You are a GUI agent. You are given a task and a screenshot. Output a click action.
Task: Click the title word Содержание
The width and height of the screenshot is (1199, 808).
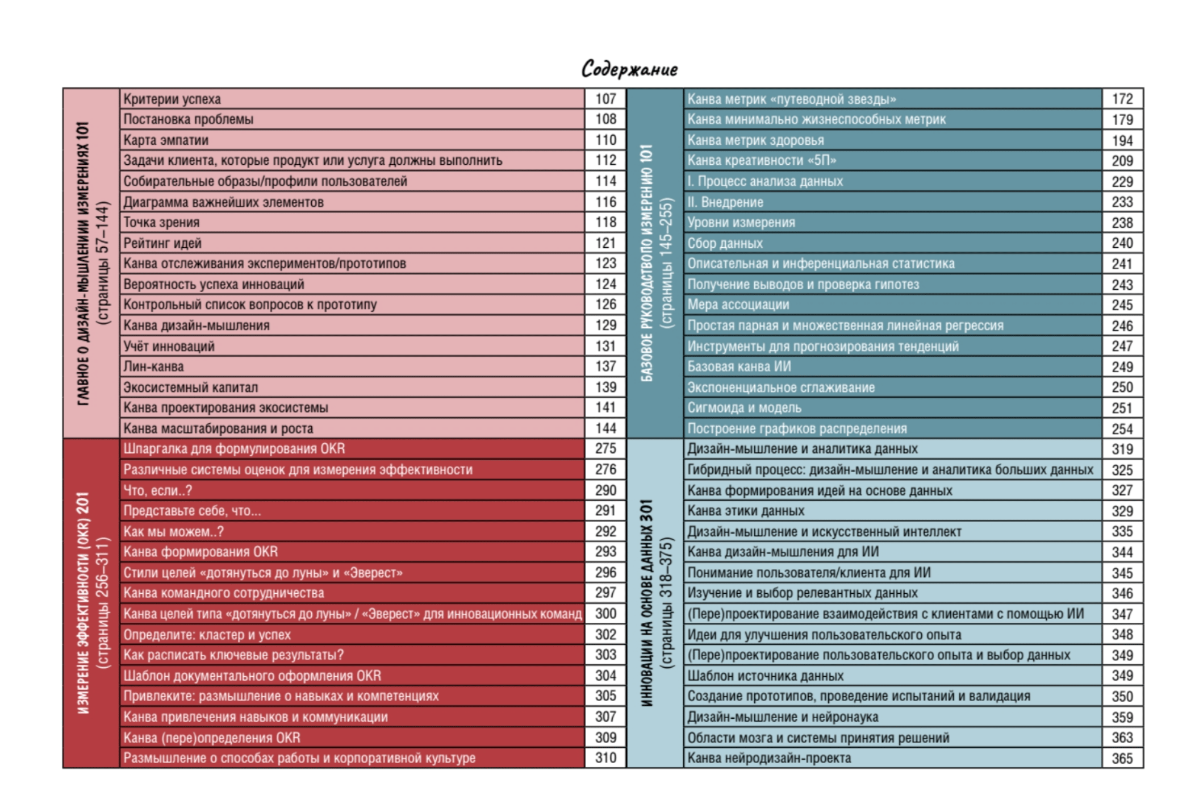coord(629,69)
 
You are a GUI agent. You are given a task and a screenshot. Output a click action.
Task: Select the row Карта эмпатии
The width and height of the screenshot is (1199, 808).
coord(166,140)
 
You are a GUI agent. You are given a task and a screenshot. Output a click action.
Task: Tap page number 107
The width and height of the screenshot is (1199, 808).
coord(605,99)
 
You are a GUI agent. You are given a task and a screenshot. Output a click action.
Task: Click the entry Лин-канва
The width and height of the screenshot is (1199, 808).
coord(153,366)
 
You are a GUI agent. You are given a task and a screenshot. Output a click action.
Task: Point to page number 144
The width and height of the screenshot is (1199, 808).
coord(605,428)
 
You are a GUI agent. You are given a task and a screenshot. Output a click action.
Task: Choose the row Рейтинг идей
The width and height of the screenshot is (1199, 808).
coord(162,243)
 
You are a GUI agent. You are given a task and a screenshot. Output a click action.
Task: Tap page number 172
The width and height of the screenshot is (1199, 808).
coord(1122,99)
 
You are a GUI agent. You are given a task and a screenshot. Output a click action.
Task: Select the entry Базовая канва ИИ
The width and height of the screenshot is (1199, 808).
coord(739,366)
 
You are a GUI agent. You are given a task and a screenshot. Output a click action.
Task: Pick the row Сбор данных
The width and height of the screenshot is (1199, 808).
coord(725,243)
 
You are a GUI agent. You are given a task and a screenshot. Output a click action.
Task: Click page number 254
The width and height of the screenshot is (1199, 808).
coord(1122,429)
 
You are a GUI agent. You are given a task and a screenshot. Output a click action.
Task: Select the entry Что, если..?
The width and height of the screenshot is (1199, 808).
coord(158,490)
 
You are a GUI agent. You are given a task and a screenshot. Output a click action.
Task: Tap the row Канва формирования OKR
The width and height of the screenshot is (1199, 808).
coord(200,552)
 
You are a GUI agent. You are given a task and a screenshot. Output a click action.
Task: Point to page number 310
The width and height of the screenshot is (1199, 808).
coord(605,758)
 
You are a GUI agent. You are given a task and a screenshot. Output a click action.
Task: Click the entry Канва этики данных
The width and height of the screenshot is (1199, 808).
coord(746,511)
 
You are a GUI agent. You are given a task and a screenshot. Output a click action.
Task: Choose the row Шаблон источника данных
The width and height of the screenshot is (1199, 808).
coord(765,676)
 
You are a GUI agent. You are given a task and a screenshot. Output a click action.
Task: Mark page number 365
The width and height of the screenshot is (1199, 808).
coord(1122,759)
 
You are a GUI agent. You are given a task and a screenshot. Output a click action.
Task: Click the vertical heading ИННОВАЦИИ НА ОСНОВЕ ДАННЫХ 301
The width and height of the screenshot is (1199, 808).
coord(646,603)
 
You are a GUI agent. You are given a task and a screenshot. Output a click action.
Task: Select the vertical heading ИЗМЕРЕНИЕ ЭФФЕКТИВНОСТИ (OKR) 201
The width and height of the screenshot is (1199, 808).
coord(83,603)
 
